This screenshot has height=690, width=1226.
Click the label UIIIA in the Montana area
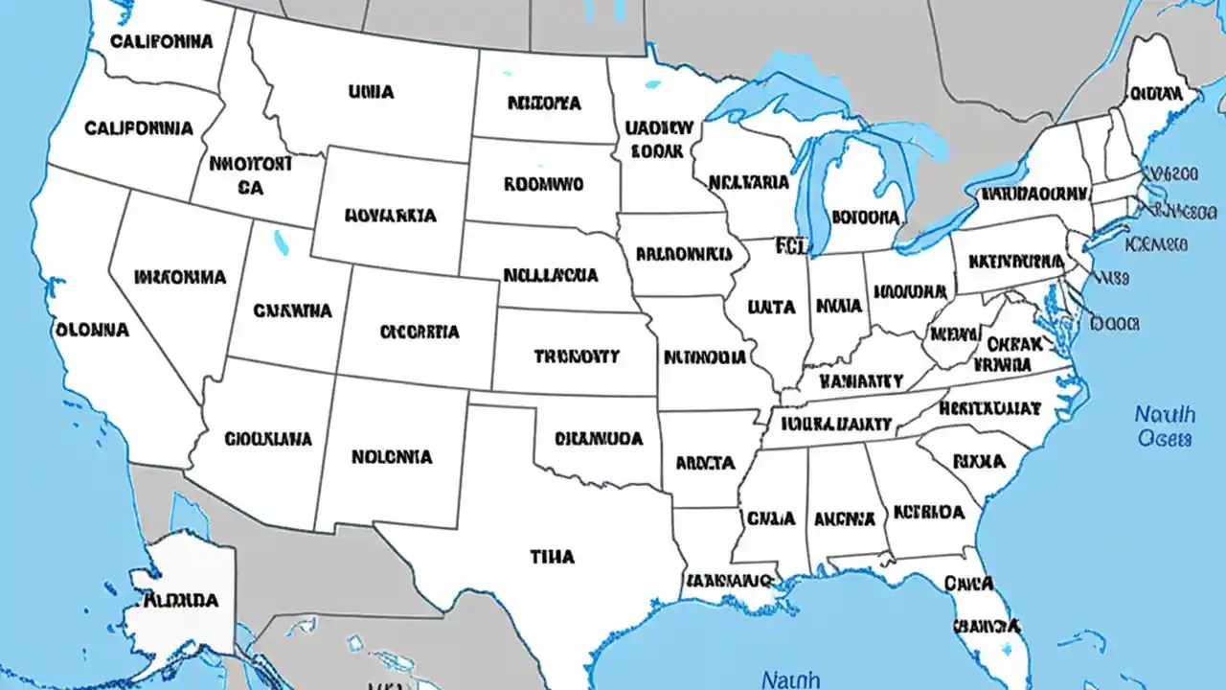click(371, 92)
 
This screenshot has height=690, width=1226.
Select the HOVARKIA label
click(391, 216)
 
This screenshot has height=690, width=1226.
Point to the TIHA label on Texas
click(552, 555)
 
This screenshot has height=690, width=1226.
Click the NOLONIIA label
click(391, 457)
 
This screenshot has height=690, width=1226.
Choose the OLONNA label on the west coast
click(92, 329)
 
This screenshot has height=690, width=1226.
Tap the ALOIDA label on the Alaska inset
click(181, 601)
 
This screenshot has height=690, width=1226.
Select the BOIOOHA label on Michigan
click(867, 217)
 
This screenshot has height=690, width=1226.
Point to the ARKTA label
click(705, 463)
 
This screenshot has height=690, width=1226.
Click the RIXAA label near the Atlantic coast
click(979, 462)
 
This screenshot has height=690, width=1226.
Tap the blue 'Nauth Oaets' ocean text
click(1165, 426)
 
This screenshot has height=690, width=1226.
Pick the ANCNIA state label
click(844, 518)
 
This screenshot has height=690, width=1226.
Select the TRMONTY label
click(577, 356)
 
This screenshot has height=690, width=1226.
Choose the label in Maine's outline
click(1156, 93)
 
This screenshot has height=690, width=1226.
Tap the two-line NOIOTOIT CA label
click(250, 175)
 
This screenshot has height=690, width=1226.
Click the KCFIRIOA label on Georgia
click(928, 512)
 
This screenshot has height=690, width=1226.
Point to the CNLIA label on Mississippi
click(771, 518)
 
